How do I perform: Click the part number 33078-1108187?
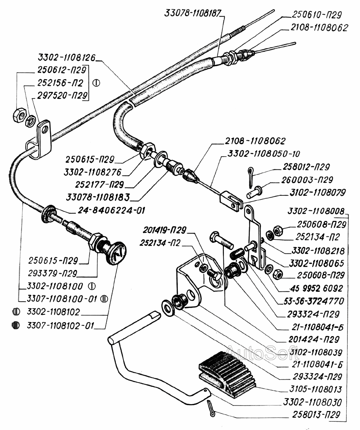click(193, 13)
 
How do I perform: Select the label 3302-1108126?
click(67, 57)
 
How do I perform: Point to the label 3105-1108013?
click(316, 389)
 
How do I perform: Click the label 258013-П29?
click(316, 415)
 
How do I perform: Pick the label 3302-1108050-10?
click(264, 154)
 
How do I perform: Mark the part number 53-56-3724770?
click(314, 301)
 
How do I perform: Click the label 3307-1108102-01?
click(60, 326)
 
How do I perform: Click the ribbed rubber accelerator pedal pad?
click(227, 374)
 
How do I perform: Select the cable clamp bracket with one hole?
click(40, 140)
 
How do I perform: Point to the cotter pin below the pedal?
click(212, 408)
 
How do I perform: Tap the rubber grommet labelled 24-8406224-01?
click(48, 213)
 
